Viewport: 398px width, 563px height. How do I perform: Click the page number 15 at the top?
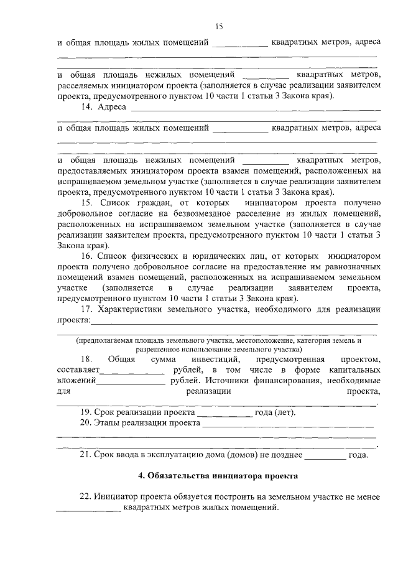[218, 26]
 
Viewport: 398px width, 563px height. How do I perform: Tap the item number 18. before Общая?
[86, 360]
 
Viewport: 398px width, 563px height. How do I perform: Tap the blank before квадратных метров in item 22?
[88, 509]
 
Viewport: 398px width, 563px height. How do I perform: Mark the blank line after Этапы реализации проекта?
[289, 424]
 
